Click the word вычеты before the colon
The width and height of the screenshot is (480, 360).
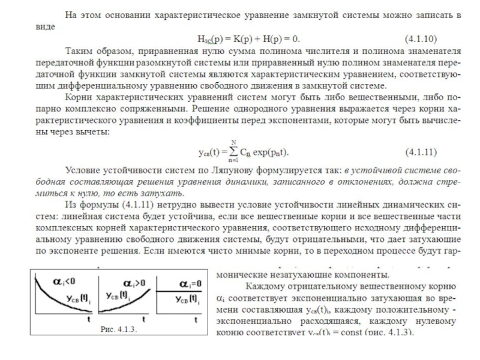coord(92,129)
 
